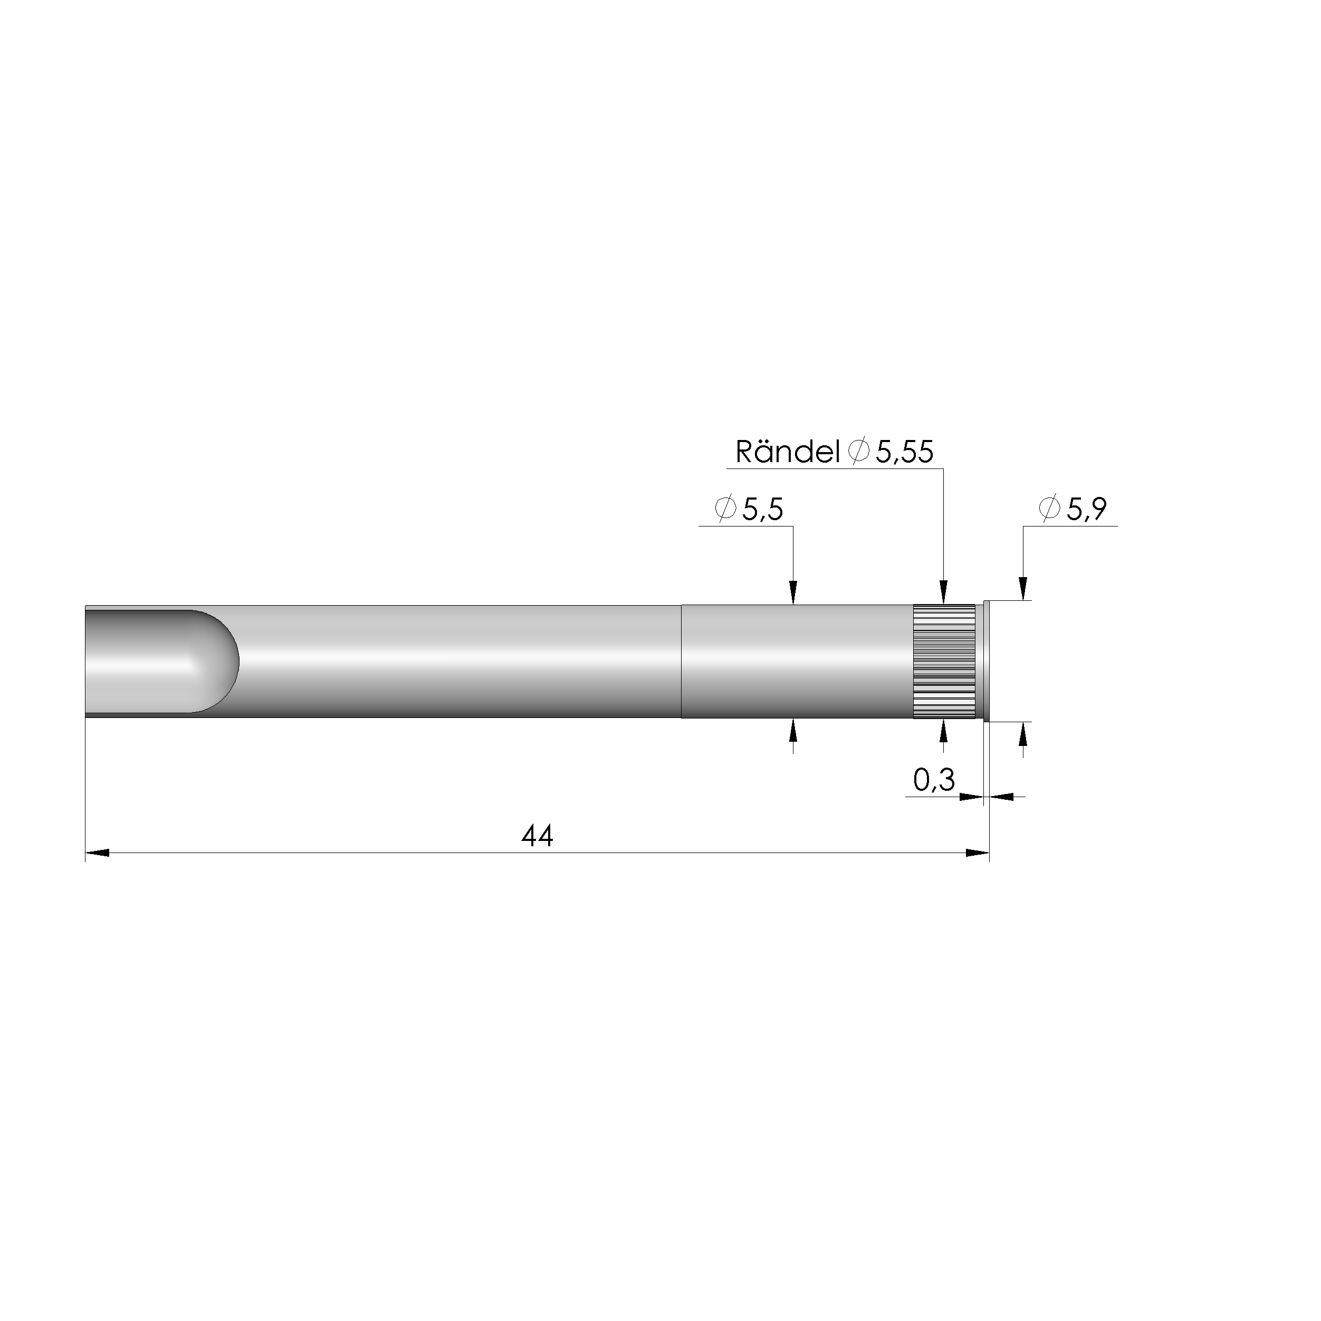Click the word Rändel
[787, 453]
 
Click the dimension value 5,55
[904, 453]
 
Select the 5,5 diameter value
[762, 510]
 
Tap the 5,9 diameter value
[1086, 510]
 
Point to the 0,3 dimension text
[933, 780]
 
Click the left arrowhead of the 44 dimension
[98, 853]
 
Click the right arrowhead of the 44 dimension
[977, 853]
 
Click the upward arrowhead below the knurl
[944, 732]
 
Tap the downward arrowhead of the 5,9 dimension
[1023, 588]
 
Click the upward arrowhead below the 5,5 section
[793, 732]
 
